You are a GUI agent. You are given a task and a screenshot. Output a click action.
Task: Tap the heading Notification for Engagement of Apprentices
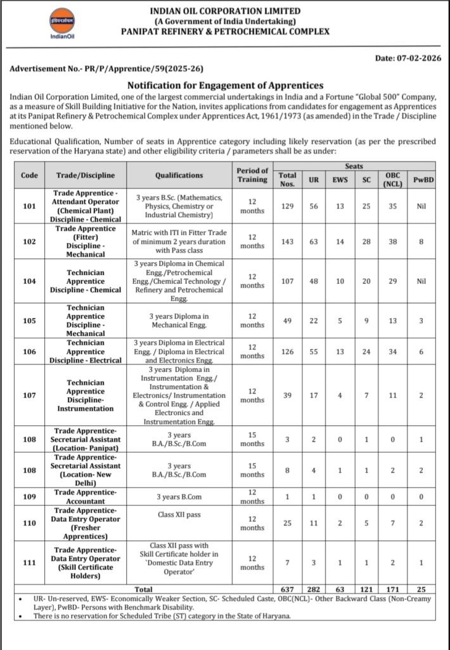225,85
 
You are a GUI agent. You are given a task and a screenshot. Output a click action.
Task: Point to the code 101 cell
29,206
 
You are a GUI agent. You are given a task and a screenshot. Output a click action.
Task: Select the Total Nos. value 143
288,241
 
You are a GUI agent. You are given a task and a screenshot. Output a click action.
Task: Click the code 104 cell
29,281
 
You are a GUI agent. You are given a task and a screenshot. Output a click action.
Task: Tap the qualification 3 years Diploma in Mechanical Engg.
179,321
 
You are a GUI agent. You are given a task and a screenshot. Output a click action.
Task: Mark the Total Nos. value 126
288,352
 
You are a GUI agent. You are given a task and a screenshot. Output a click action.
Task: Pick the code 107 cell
29,395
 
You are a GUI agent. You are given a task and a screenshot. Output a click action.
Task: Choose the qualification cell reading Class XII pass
179,514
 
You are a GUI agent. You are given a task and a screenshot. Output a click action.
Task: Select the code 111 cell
29,563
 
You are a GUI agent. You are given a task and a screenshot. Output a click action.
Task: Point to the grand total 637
288,589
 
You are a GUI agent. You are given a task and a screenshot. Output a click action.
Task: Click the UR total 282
314,589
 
